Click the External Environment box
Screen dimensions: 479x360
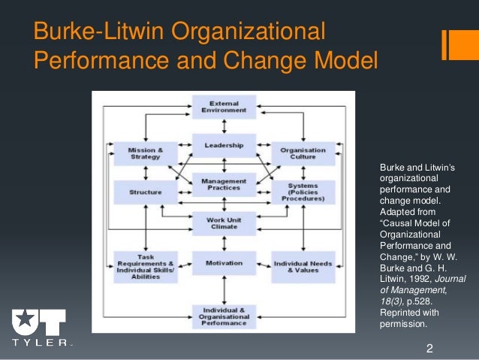(x=224, y=106)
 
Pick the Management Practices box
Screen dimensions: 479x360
(x=224, y=184)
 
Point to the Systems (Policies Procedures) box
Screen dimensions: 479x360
(x=298, y=192)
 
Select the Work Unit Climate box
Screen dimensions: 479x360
(x=224, y=223)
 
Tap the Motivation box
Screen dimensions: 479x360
(x=224, y=263)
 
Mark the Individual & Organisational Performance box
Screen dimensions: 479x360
(x=224, y=316)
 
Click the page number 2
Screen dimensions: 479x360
(x=429, y=348)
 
